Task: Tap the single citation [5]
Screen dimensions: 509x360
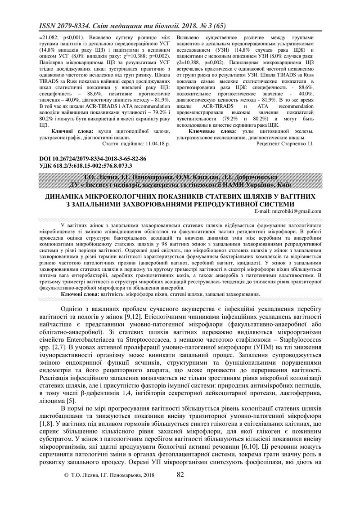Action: (71, 400)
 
